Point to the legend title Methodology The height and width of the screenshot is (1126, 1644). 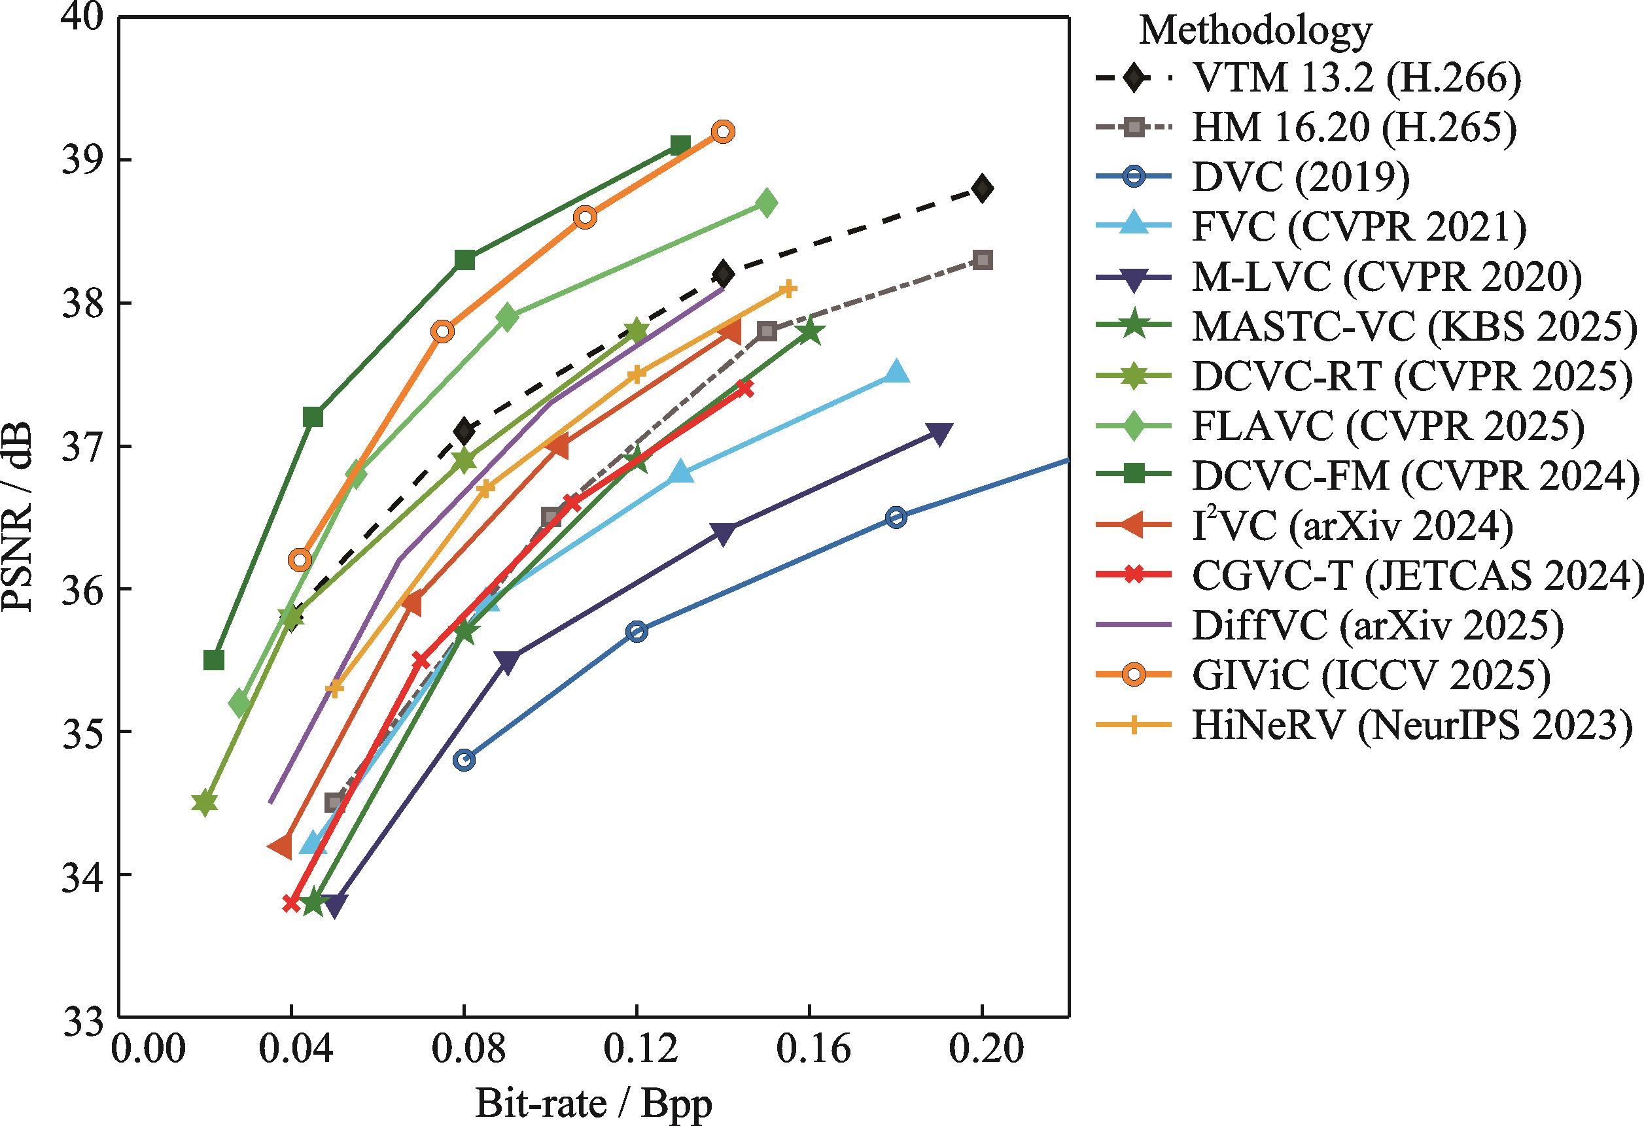coord(1255,31)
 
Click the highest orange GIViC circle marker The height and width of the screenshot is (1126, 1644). coord(723,131)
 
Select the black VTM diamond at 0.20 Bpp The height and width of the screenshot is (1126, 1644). coord(982,188)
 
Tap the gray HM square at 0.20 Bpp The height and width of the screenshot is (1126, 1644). coord(982,260)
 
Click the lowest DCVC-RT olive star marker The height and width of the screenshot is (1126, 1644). coord(205,803)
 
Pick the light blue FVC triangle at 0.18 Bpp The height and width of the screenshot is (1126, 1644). coord(896,372)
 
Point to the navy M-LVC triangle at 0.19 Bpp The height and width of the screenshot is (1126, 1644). coord(939,433)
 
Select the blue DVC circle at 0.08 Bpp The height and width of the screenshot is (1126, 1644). coord(464,760)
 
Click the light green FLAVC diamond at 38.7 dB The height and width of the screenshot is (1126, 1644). coord(766,203)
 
